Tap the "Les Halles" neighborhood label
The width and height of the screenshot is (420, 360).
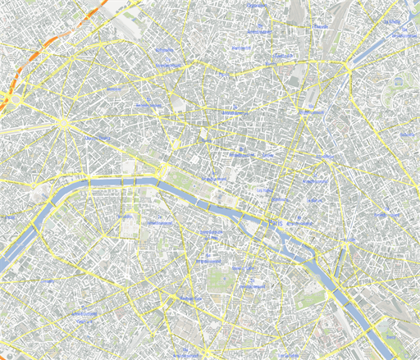(264, 190)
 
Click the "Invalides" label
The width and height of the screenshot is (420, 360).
(160, 223)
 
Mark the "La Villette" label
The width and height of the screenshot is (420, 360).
(403, 36)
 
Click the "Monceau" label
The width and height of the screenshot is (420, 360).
(148, 105)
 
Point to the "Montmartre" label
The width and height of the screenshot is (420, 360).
(241, 48)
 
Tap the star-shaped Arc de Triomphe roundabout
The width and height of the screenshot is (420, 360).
(62, 123)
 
